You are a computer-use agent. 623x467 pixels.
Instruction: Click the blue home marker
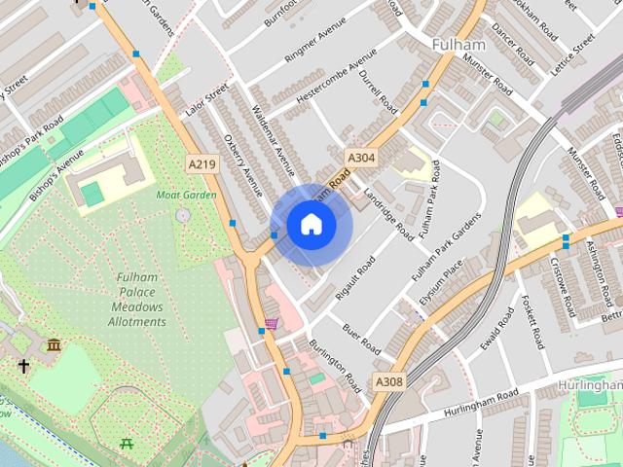point(311,225)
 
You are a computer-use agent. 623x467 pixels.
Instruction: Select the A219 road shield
point(202,164)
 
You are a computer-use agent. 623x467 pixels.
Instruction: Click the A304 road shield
point(359,157)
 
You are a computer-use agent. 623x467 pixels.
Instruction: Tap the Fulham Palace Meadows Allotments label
point(137,300)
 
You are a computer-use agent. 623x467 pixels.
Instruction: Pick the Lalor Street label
point(205,102)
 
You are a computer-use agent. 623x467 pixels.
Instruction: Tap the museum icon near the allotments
point(54,344)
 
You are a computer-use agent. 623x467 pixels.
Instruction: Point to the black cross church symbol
point(23,367)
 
